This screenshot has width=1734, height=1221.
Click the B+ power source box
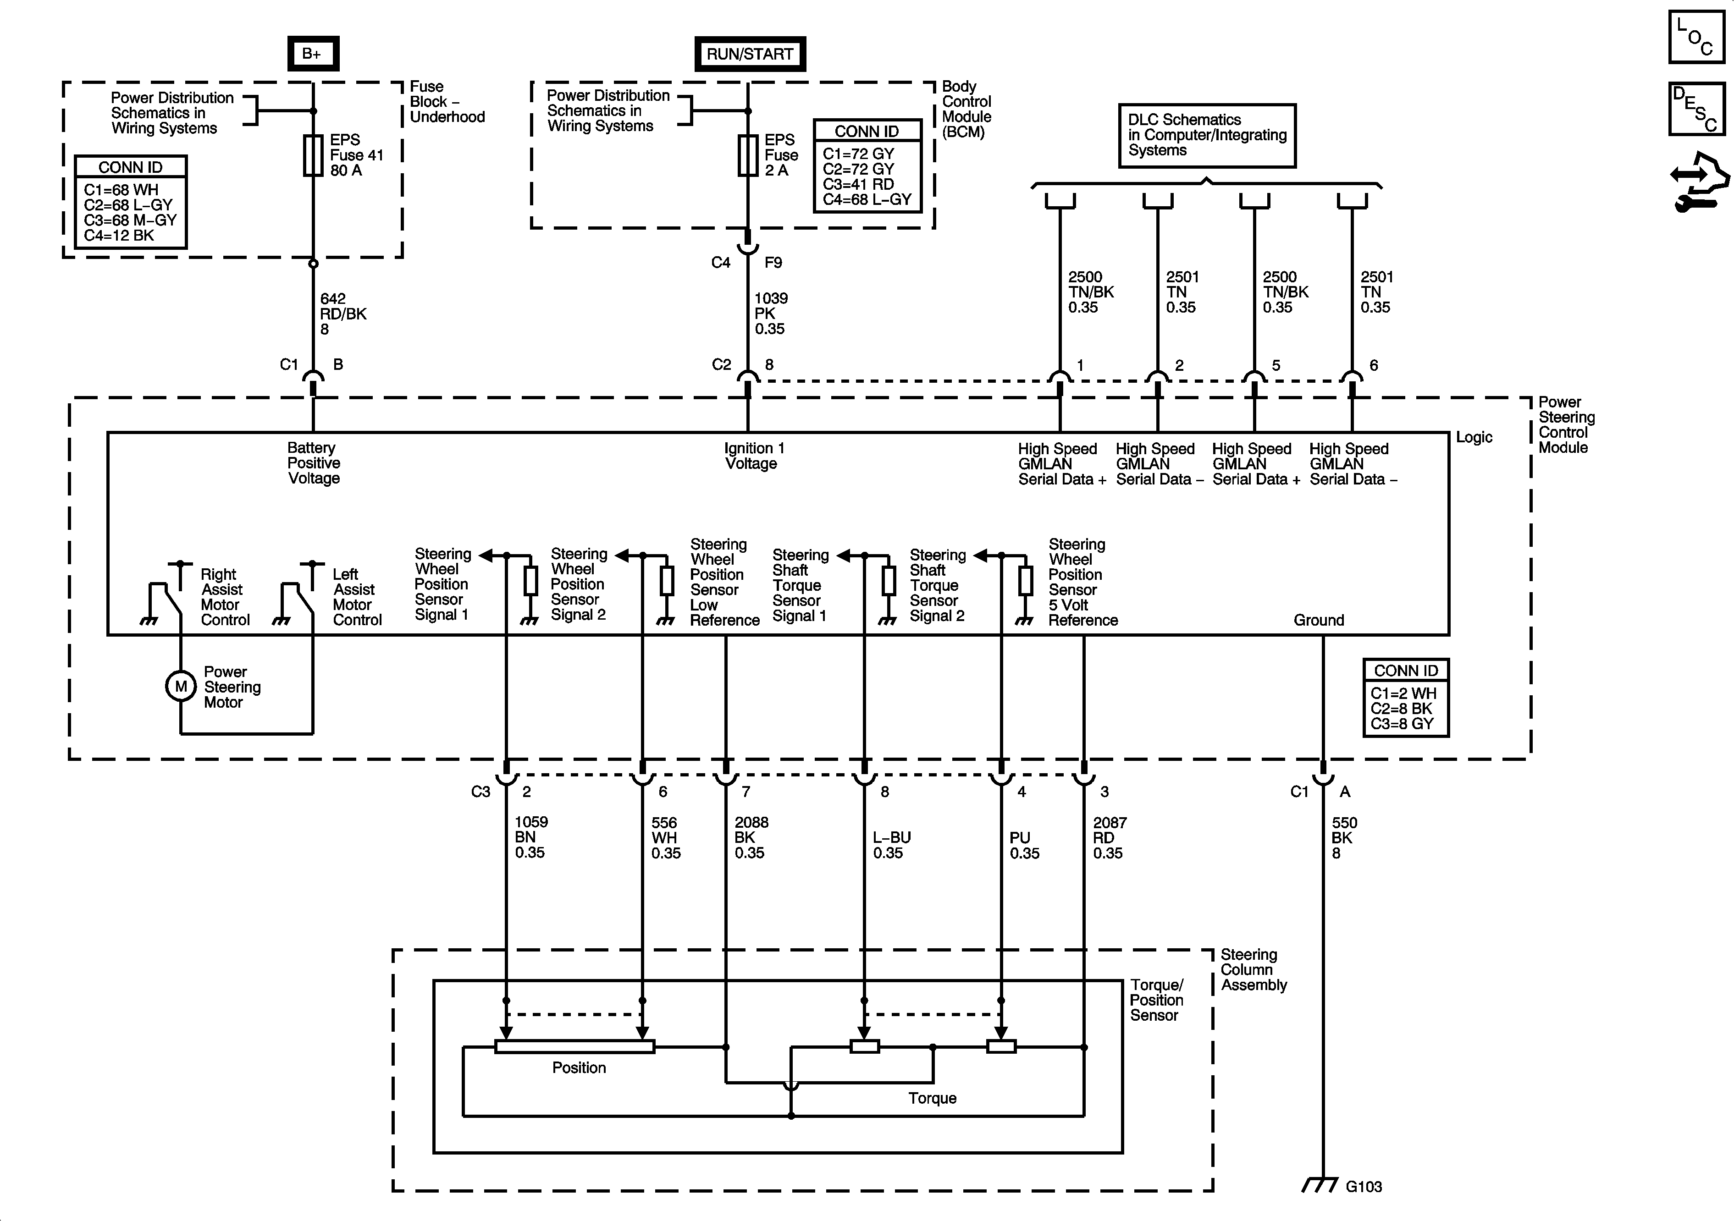(313, 54)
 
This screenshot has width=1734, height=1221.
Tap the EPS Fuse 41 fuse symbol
(313, 155)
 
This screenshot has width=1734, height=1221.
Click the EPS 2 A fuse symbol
(748, 155)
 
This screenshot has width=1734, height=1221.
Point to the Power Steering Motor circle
(181, 687)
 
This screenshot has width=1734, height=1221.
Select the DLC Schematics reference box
(1207, 135)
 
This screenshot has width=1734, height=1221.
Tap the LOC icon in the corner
(1696, 37)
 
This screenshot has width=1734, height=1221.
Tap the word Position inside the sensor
(579, 1068)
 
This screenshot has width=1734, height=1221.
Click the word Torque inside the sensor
(932, 1098)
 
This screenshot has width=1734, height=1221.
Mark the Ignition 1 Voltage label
(754, 455)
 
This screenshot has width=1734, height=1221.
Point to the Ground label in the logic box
(1319, 620)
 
